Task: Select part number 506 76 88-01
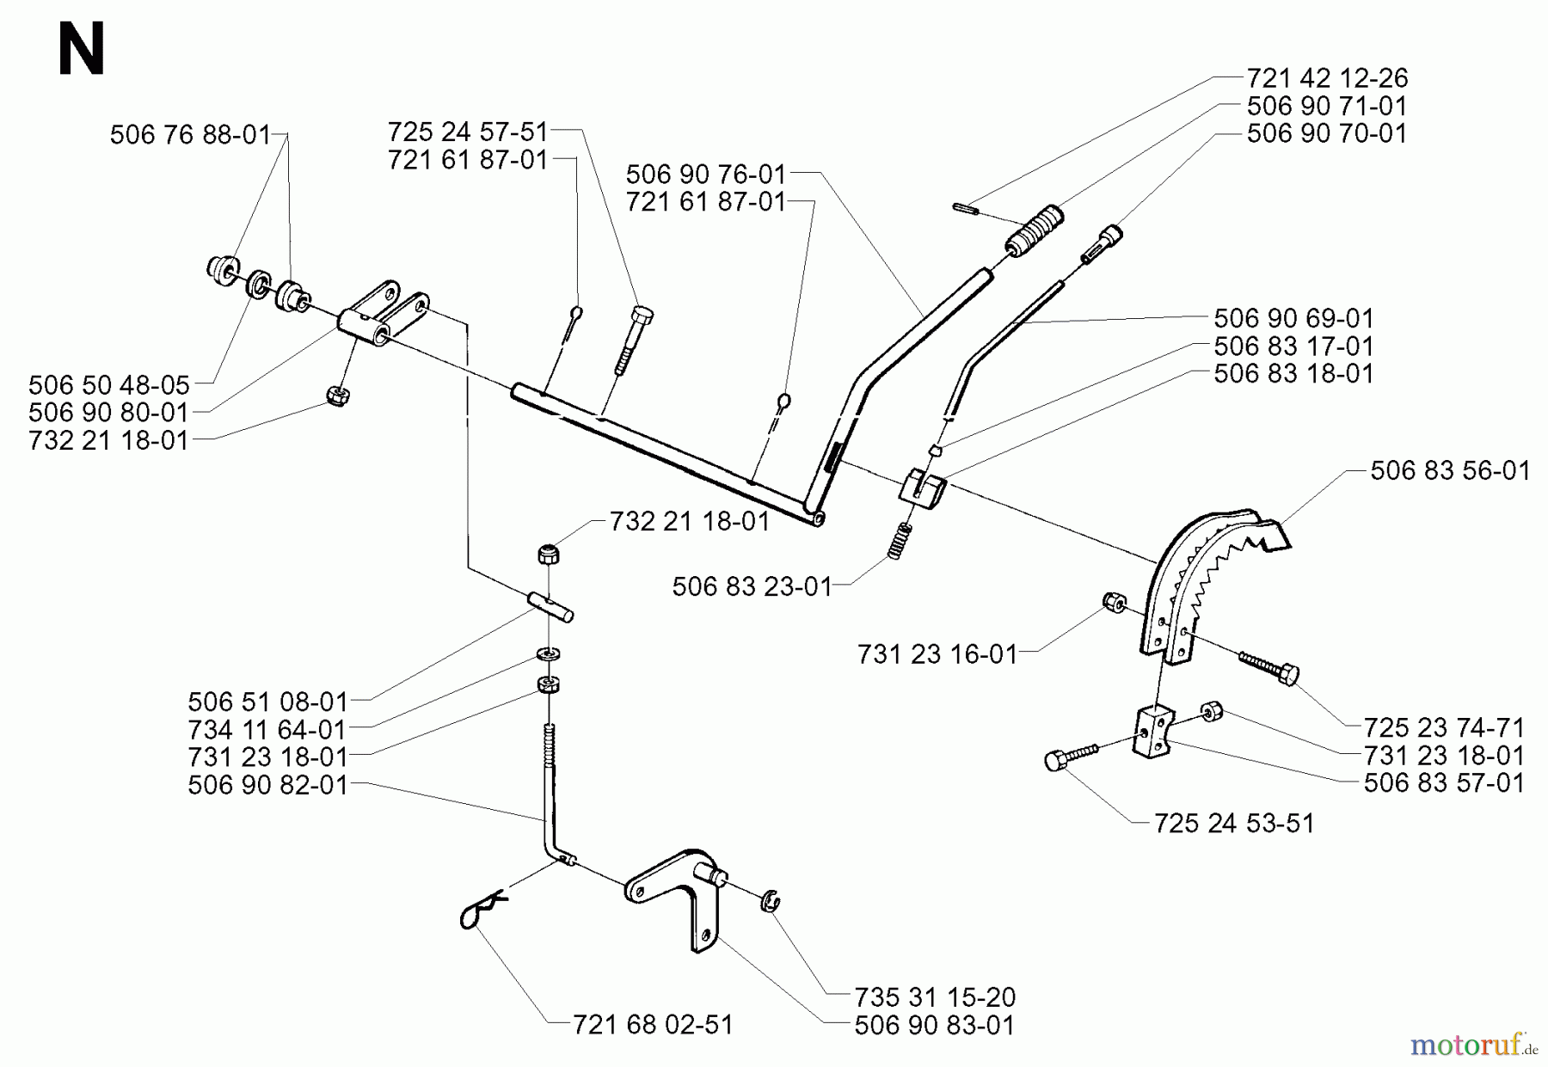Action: [189, 135]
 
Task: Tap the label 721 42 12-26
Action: [1327, 78]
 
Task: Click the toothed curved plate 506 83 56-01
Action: [1204, 576]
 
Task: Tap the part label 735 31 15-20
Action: [935, 997]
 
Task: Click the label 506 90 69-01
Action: [1293, 319]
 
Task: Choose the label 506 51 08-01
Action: [267, 702]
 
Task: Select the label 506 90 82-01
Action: [267, 785]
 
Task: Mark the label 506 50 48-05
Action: [108, 383]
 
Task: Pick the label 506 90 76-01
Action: [705, 175]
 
